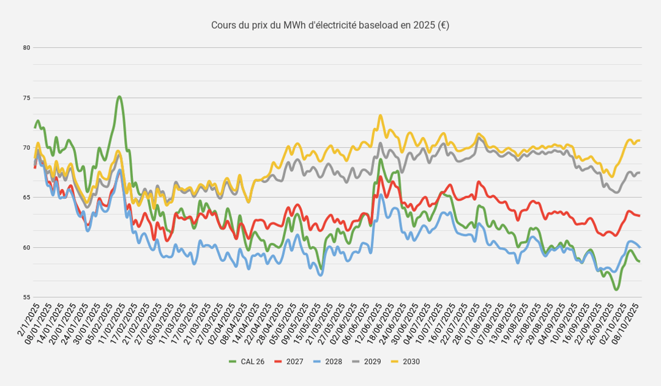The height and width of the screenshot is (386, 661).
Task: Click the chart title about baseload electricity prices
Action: click(330, 25)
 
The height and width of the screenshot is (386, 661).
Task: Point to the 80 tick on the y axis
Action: click(27, 47)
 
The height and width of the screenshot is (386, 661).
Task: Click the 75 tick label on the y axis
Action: click(27, 97)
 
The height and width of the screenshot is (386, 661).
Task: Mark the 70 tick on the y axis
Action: click(27, 147)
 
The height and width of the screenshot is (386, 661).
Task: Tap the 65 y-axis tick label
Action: click(27, 198)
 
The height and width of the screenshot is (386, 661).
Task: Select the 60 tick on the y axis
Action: click(27, 248)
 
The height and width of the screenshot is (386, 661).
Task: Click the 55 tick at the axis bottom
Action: click(27, 297)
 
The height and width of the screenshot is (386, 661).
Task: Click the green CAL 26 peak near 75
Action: click(119, 97)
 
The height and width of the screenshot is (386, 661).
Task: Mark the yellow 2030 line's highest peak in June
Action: click(381, 115)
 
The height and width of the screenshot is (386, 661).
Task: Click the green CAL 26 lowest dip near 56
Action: click(616, 289)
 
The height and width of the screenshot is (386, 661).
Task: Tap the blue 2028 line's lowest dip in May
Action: click(320, 275)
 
